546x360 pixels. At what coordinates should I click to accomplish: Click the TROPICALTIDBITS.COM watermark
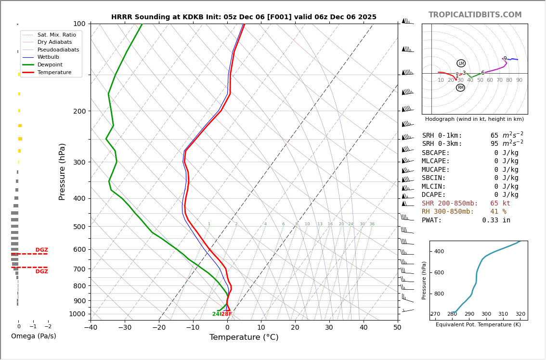[475, 15]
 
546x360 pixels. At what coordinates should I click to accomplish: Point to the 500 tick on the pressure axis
[79, 227]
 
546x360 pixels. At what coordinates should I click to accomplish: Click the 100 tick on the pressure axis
[79, 24]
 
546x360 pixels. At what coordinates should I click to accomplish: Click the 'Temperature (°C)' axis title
[244, 337]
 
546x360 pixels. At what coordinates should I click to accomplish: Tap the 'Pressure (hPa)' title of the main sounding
[62, 171]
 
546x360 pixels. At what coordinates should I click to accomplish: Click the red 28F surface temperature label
[227, 314]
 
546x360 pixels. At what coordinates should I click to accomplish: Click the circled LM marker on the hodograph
[461, 64]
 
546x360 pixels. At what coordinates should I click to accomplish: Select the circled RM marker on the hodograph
[460, 88]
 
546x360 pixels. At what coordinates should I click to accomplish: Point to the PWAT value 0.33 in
[496, 220]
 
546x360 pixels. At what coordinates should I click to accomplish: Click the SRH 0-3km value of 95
[495, 144]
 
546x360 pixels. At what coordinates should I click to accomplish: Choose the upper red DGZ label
[41, 250]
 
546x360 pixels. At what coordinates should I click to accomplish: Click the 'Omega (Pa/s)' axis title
[33, 336]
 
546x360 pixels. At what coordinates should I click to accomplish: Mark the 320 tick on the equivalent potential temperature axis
[520, 314]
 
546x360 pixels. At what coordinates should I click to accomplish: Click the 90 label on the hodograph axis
[519, 80]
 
